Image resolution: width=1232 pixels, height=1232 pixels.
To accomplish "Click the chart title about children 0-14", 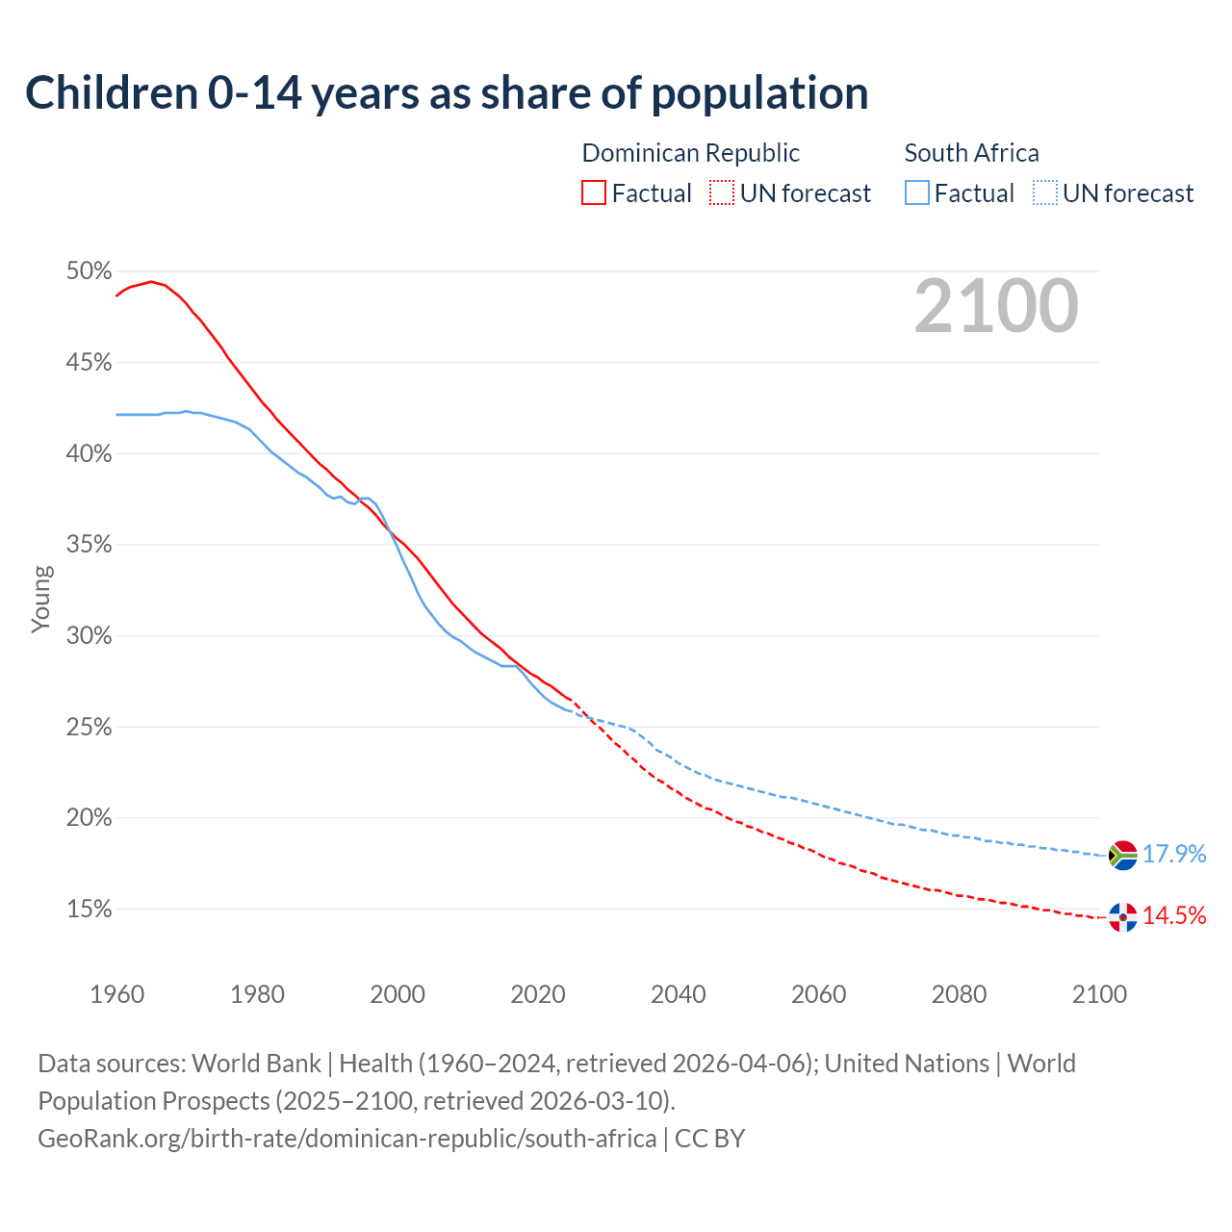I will (447, 93).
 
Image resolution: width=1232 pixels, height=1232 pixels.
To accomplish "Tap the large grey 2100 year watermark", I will (995, 306).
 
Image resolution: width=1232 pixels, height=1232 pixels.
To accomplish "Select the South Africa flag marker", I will (1122, 855).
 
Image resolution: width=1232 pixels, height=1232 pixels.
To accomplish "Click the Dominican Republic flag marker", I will (1122, 916).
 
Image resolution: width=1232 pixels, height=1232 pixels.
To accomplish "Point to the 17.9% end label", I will (1174, 855).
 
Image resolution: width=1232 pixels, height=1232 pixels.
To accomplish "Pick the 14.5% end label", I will (1174, 916).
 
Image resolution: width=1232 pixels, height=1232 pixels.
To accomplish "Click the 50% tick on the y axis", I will (90, 271).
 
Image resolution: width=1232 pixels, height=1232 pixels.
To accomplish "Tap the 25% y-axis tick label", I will (90, 728).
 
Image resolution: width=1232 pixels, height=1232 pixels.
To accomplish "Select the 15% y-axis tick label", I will (90, 910).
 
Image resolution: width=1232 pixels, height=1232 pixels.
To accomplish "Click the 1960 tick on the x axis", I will (116, 994).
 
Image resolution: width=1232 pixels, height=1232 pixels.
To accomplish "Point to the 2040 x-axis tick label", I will (678, 994).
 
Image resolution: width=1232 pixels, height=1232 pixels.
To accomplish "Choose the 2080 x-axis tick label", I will (959, 994).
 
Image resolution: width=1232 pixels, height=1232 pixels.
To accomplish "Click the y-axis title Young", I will (41, 599).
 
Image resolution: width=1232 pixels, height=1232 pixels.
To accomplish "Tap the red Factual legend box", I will (594, 193).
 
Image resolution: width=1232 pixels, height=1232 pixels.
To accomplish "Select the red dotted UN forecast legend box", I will (722, 193).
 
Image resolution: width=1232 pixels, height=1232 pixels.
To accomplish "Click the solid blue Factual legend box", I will (917, 193).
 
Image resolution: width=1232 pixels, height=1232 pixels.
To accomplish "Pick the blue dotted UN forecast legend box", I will (1045, 193).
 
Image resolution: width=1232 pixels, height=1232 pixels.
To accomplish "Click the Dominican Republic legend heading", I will (690, 153).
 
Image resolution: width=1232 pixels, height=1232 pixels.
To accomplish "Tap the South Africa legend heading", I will (971, 153).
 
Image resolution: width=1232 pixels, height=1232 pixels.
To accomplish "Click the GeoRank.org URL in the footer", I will (346, 1139).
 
